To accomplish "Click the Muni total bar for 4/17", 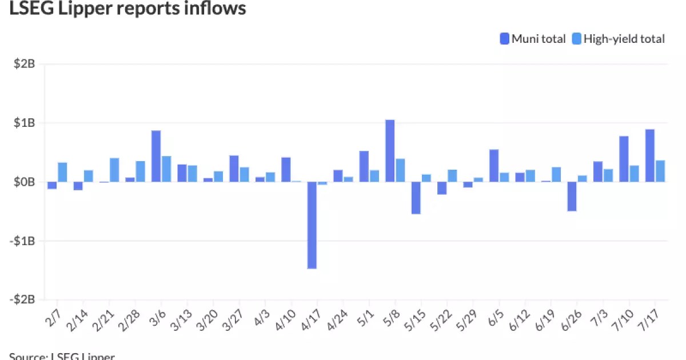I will (312, 225).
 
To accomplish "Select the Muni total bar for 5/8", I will (390, 151).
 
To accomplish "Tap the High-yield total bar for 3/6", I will (166, 169).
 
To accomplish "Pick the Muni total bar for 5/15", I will (416, 198).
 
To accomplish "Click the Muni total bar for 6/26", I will (572, 197).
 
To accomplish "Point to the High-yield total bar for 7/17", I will (660, 171).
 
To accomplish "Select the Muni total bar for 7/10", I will (624, 159).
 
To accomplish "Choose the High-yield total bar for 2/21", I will (114, 170).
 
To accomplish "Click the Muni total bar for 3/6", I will (156, 156).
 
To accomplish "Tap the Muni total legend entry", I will (533, 39).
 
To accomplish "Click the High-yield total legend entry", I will (619, 39).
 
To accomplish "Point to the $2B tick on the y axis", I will (25, 64).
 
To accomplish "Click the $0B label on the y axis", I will (25, 182).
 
